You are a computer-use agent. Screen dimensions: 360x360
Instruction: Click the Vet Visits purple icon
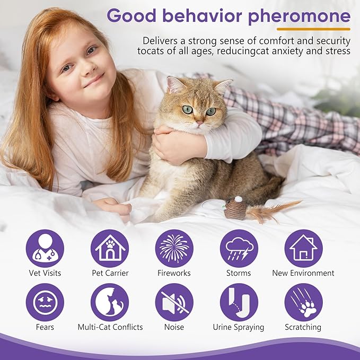45,248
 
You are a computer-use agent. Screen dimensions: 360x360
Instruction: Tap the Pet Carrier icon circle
110,248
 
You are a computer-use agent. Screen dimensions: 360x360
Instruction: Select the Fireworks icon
174,248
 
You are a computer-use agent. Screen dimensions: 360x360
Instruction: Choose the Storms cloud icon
239,248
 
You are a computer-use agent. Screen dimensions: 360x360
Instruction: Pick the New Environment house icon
303,248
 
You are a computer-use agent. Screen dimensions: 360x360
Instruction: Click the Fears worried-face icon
45,302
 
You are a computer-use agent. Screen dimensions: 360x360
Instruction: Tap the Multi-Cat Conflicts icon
110,302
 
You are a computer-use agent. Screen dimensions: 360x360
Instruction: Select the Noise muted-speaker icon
174,302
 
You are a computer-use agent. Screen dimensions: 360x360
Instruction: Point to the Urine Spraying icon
239,302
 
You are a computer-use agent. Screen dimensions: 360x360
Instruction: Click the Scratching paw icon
303,302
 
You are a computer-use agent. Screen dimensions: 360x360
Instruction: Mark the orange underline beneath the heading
313,29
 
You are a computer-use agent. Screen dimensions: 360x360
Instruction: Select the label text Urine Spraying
239,327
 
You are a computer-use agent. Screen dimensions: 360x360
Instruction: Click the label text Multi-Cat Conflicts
110,327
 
